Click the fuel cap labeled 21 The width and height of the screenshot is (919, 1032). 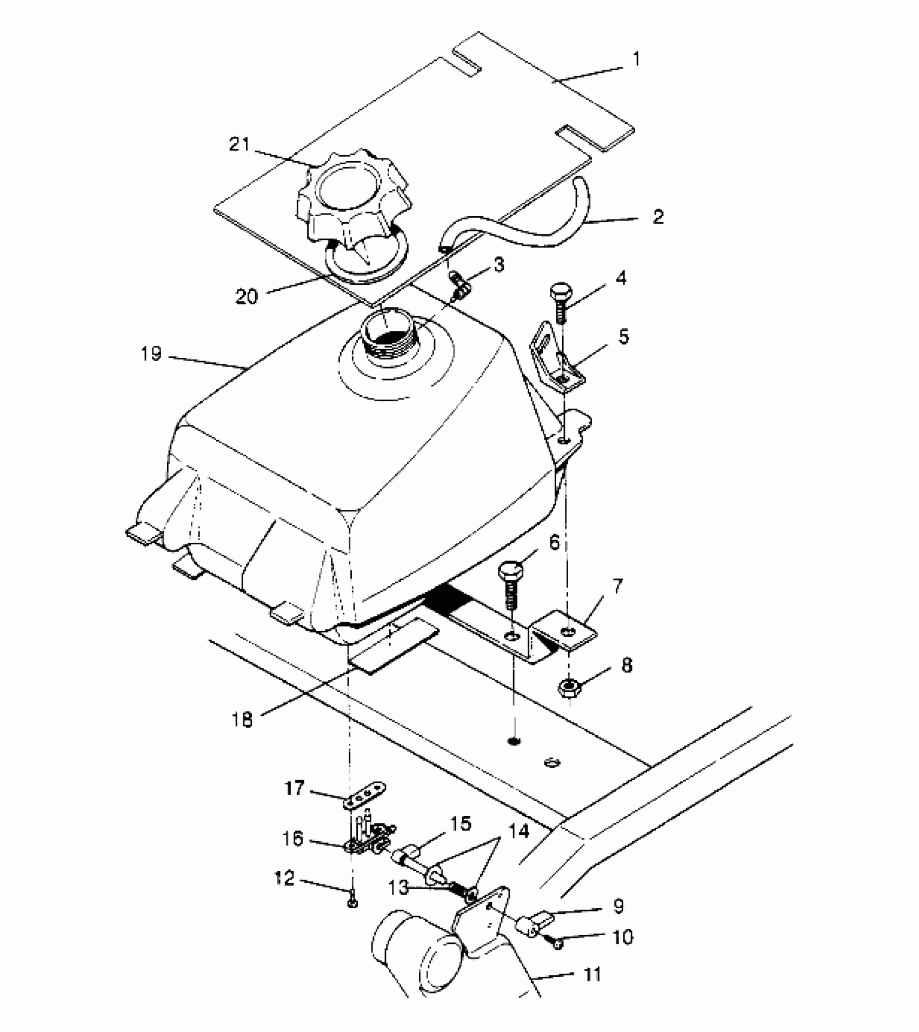pyautogui.click(x=353, y=203)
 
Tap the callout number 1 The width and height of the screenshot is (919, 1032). pyautogui.click(x=636, y=59)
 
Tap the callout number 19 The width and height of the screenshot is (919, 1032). pyautogui.click(x=151, y=354)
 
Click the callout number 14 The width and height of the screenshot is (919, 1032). pyautogui.click(x=521, y=832)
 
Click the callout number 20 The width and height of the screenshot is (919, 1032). pyautogui.click(x=247, y=296)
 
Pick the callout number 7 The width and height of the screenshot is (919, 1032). pyautogui.click(x=618, y=585)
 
